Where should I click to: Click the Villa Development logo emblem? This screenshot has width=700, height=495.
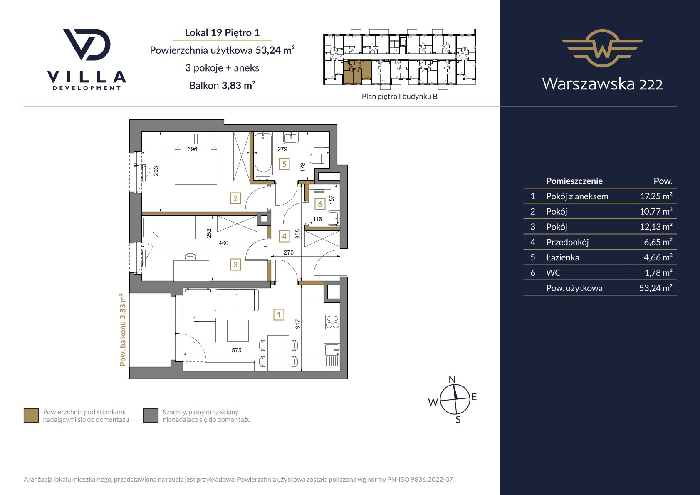(x=87, y=45)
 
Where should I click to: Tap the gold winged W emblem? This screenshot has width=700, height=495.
(x=602, y=48)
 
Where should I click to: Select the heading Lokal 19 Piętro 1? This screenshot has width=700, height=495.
(x=222, y=32)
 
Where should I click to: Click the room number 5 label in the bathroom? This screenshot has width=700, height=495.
(x=284, y=164)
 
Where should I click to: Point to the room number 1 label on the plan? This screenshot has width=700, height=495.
(x=279, y=314)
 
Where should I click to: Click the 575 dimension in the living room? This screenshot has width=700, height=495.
(x=237, y=350)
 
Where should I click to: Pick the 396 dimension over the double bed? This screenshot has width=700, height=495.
(x=192, y=149)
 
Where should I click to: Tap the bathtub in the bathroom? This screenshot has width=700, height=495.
(x=263, y=153)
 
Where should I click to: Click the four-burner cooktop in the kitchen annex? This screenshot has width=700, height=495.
(x=332, y=322)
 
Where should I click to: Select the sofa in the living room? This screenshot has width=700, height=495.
(x=237, y=300)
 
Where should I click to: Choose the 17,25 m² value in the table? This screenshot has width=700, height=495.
(x=656, y=196)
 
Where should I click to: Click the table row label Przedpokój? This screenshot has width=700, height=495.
(x=567, y=242)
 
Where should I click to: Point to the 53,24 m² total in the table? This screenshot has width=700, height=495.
(x=655, y=288)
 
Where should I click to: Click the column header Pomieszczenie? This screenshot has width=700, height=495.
(x=574, y=181)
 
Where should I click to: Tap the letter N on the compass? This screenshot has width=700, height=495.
(x=452, y=379)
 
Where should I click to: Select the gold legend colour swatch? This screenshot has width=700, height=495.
(x=31, y=416)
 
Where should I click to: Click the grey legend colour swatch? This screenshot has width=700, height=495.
(x=151, y=416)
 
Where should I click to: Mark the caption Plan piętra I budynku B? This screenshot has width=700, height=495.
(x=399, y=96)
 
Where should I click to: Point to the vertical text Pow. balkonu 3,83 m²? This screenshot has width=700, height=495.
(x=123, y=330)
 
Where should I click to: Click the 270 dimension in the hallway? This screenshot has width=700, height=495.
(x=288, y=252)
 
